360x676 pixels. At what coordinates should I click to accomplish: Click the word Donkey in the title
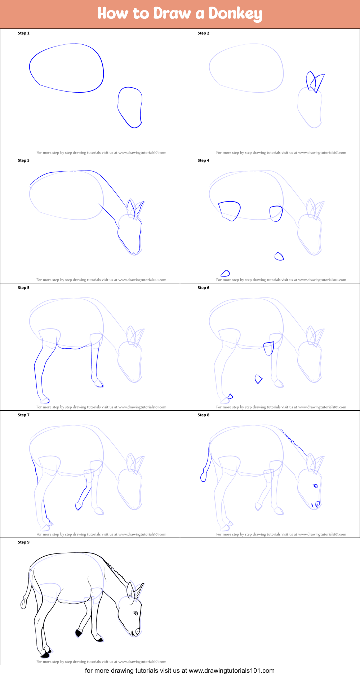pos(235,14)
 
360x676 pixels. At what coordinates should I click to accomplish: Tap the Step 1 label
pos(24,33)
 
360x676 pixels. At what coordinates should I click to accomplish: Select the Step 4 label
pos(204,160)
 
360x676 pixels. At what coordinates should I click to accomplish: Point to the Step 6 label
pos(204,288)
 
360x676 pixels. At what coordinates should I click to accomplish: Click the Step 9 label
pos(24,542)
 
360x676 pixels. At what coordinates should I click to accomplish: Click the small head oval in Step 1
pos(141,108)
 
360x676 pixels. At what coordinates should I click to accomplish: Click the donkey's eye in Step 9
pos(135,613)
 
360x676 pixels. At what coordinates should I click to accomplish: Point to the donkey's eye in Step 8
pos(315,486)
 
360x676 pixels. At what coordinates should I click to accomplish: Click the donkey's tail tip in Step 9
pos(24,604)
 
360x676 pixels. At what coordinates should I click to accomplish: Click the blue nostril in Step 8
pos(317,504)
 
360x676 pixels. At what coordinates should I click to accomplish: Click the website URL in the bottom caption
pos(232,671)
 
